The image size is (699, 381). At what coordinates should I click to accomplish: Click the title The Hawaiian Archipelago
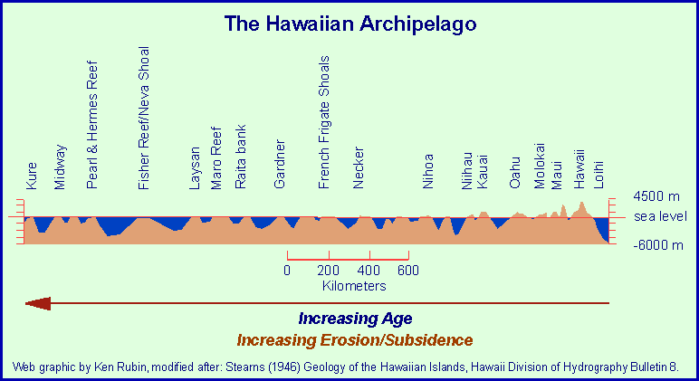[x=349, y=24]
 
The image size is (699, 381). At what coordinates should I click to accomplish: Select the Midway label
[x=60, y=167]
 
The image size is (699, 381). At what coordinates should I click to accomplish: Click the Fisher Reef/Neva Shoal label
[x=143, y=118]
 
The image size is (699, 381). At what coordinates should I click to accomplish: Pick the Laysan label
[x=194, y=167]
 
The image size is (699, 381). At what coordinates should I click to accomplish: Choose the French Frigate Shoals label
[x=325, y=121]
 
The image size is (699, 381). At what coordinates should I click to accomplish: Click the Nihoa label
[x=428, y=169]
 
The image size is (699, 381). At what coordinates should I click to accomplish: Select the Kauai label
[x=483, y=171]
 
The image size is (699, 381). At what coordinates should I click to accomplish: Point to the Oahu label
[x=514, y=171]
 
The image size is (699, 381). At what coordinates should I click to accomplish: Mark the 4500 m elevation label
[x=656, y=196]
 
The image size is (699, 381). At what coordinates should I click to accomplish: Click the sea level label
[x=660, y=216]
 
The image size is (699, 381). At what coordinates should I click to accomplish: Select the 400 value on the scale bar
[x=369, y=270]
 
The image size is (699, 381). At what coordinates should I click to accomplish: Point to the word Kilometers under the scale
[x=354, y=285]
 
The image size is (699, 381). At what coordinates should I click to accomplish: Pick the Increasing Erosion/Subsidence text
[x=354, y=340]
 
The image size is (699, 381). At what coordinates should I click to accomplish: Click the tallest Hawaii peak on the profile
[x=582, y=204]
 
